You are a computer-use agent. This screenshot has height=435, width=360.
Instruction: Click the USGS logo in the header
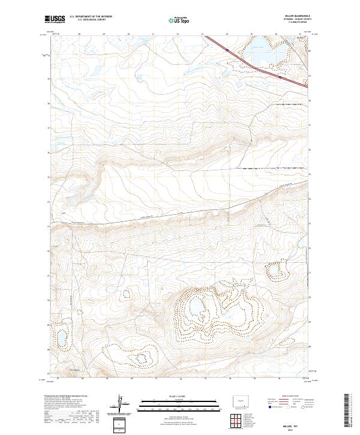pos(55,19)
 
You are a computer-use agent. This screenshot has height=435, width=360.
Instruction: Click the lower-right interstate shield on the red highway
pos(280,77)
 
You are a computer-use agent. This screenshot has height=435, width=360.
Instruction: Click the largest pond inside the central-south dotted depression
pos(196,310)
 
